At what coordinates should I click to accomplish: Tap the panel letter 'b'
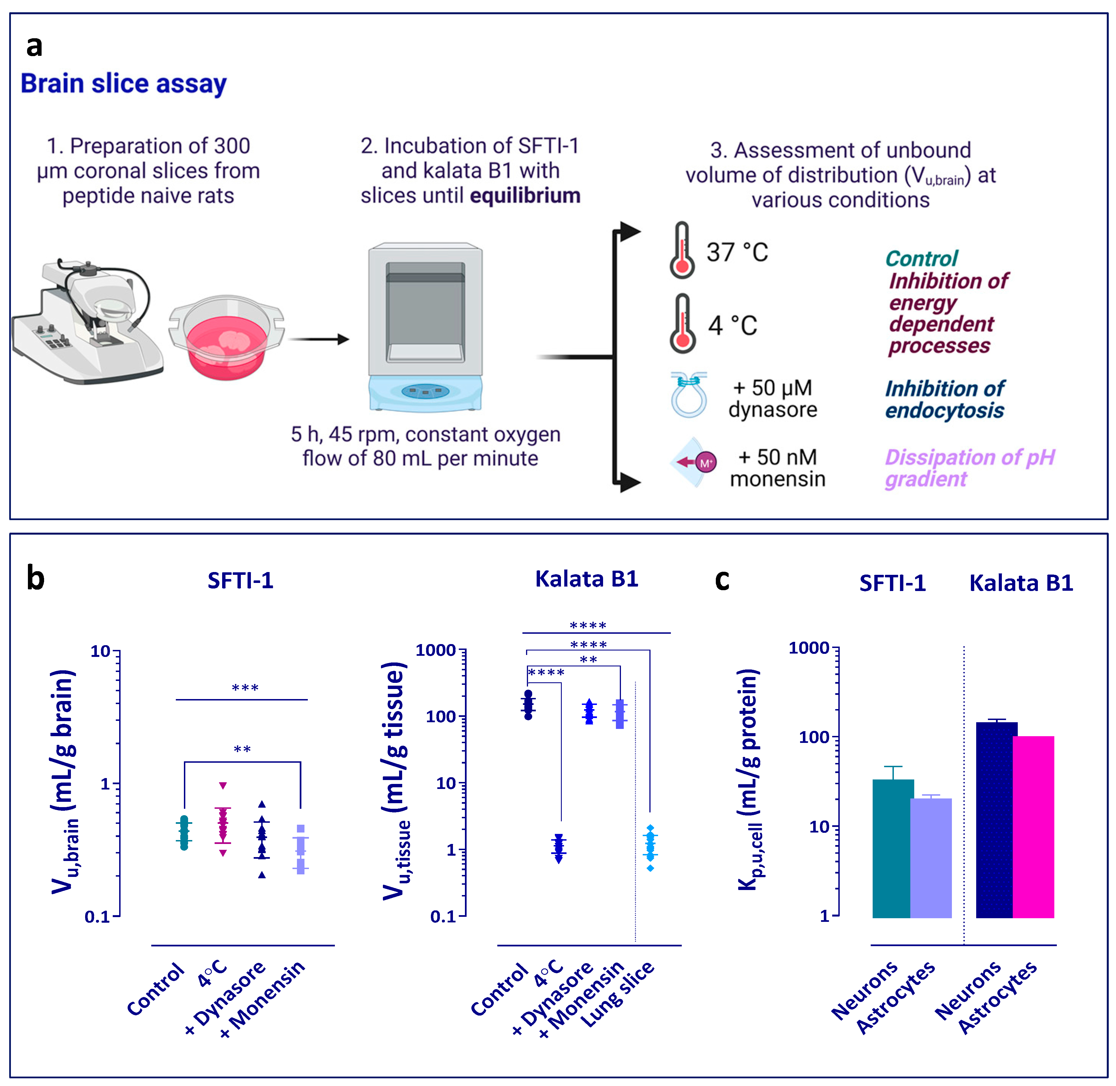35,578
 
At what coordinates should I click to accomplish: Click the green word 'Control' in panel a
921,259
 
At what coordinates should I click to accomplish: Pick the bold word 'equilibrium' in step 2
525,196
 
